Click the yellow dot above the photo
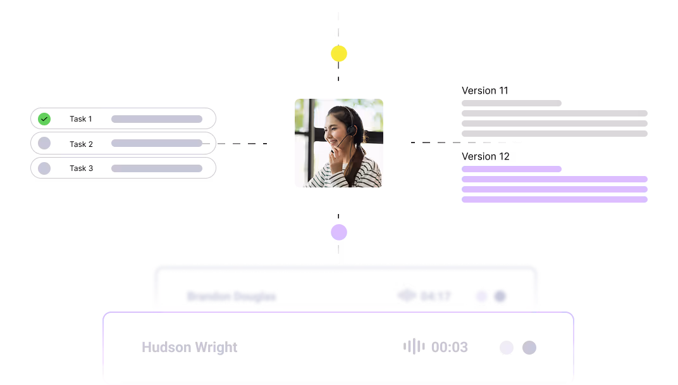339,54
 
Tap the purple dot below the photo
339,232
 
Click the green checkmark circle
44,119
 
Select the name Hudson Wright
190,347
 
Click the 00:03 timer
450,347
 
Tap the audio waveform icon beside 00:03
414,346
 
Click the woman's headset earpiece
351,130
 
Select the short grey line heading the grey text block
511,103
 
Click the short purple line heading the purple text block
511,169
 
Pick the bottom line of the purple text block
554,199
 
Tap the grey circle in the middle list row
44,143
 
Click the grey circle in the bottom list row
44,168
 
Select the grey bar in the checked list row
157,119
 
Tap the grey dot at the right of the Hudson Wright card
529,348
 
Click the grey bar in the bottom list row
157,168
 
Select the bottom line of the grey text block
554,134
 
